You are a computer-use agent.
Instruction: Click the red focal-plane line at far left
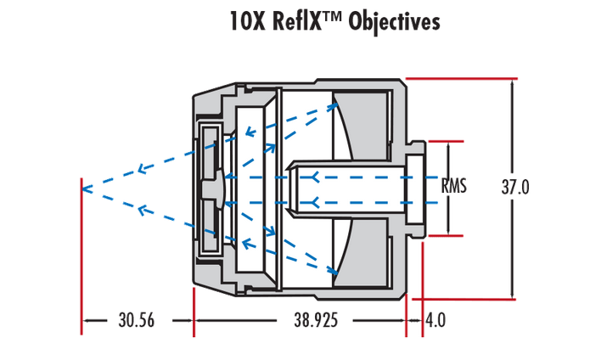click(81, 255)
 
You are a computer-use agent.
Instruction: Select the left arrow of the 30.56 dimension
click(87, 320)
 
